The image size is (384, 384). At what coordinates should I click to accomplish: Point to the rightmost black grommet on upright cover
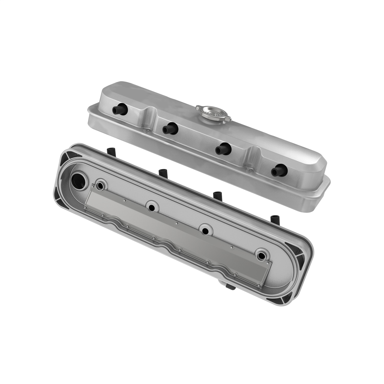[279, 170]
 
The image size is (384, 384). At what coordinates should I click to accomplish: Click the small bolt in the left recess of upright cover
[146, 131]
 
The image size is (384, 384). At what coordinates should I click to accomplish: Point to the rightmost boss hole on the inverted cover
[262, 254]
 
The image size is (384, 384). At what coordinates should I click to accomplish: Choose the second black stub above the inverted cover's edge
[162, 172]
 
